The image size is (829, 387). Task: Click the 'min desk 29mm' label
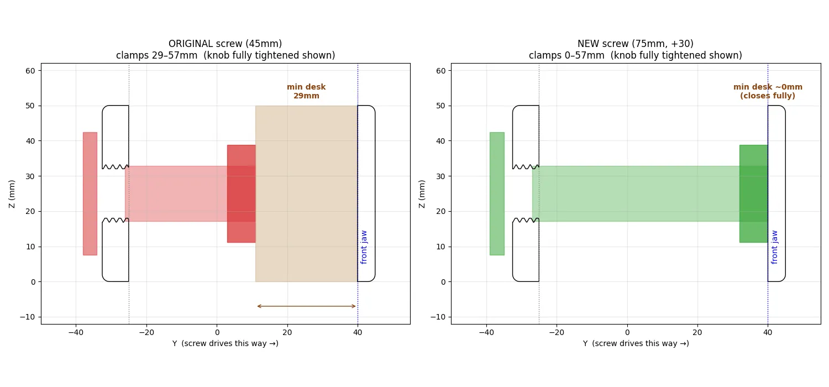pyautogui.click(x=306, y=91)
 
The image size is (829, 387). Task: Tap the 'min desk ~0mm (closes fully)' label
pyautogui.click(x=768, y=91)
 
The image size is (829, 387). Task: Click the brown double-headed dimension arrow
pyautogui.click(x=306, y=306)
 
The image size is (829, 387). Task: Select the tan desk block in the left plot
pyautogui.click(x=306, y=193)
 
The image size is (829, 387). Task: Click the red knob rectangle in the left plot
pyautogui.click(x=90, y=193)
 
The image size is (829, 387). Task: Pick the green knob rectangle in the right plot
pyautogui.click(x=497, y=193)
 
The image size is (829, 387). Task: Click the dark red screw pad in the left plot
pyautogui.click(x=242, y=193)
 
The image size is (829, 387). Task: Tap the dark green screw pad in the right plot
pyautogui.click(x=753, y=193)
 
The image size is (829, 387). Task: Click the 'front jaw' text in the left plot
pyautogui.click(x=364, y=247)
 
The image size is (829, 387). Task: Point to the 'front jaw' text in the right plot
pyautogui.click(x=774, y=247)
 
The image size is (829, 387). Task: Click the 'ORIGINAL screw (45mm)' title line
pyautogui.click(x=225, y=44)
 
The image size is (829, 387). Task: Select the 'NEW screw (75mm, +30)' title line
pyautogui.click(x=636, y=44)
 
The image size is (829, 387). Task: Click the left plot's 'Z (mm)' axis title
pyautogui.click(x=12, y=194)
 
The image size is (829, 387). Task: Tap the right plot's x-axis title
pyautogui.click(x=636, y=343)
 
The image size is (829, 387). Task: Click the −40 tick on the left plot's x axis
pyautogui.click(x=76, y=332)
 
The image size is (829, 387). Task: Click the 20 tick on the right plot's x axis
pyautogui.click(x=697, y=332)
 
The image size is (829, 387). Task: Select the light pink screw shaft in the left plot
pyautogui.click(x=176, y=193)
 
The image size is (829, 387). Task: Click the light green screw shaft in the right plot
pyautogui.click(x=636, y=193)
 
